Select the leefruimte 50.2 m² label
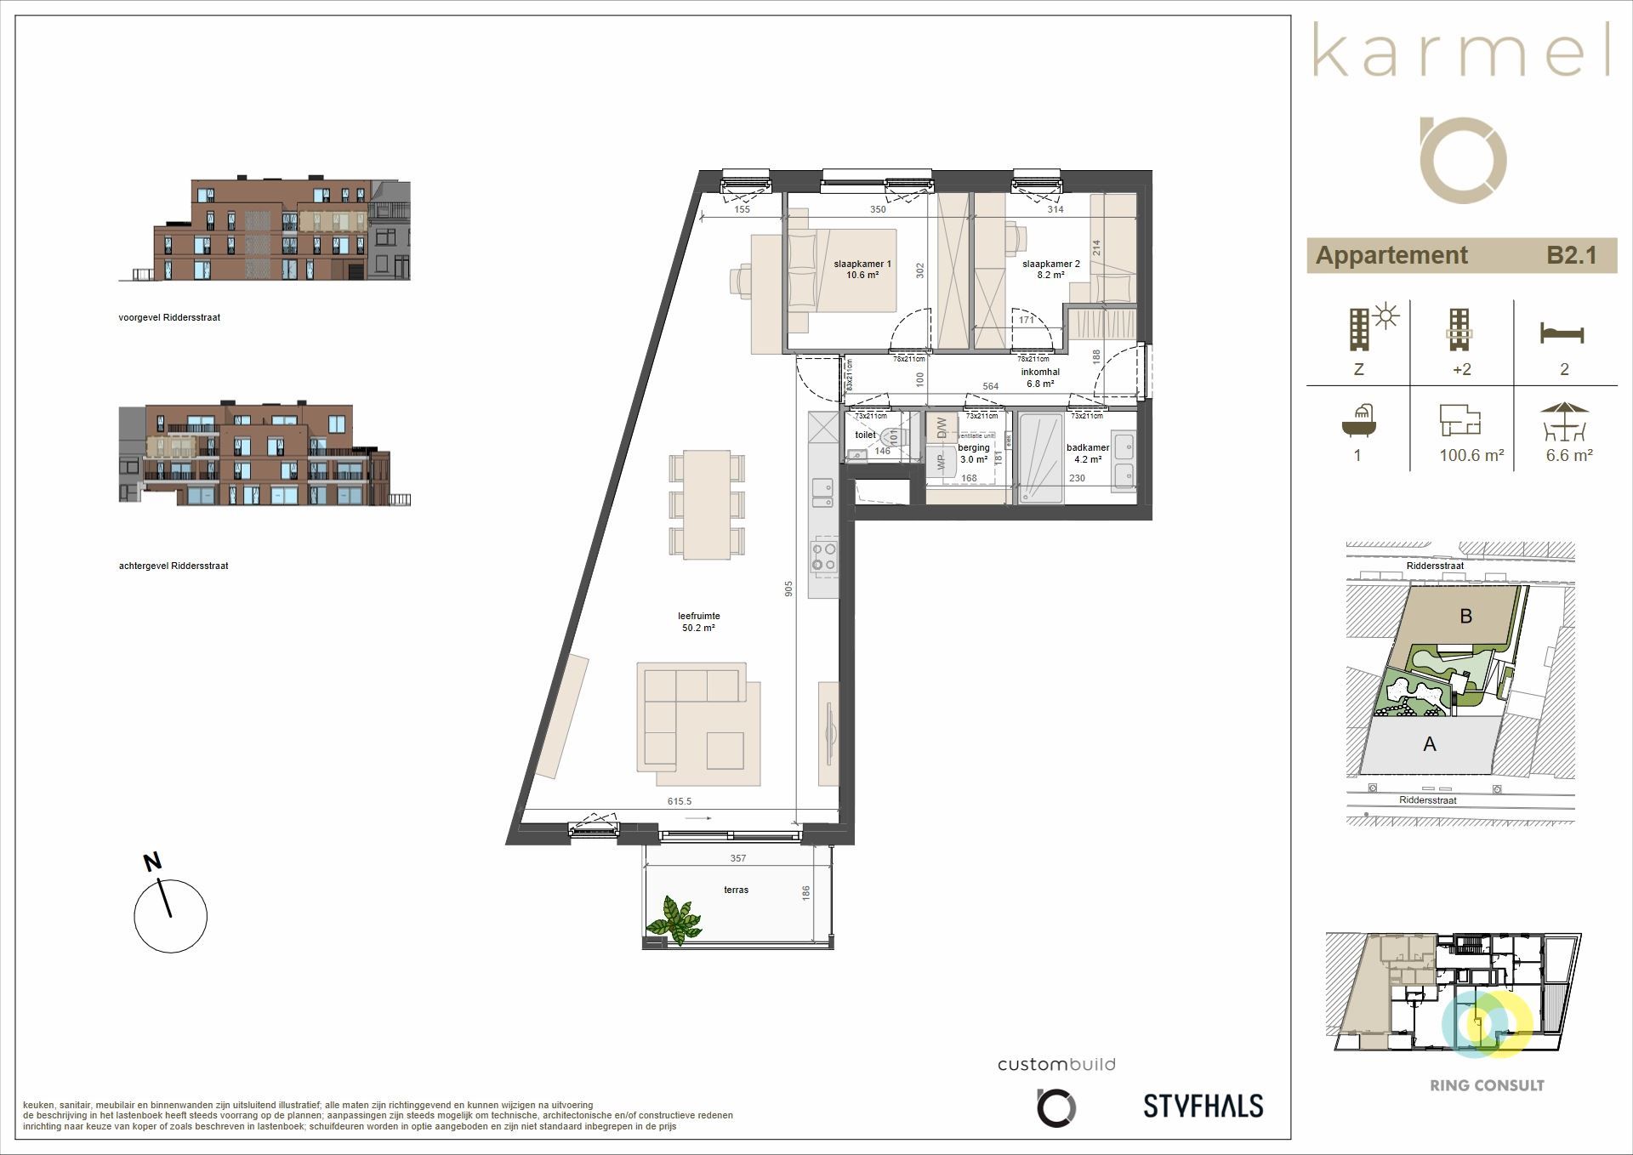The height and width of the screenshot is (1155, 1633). tap(698, 622)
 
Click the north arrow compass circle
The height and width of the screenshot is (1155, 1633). tap(170, 916)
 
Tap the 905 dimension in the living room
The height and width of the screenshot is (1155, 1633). tap(789, 588)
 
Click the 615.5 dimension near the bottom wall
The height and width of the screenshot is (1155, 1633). tap(680, 801)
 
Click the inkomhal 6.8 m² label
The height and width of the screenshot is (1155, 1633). tap(1040, 378)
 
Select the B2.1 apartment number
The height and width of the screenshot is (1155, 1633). tap(1571, 255)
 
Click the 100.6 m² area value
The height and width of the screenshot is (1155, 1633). tap(1471, 456)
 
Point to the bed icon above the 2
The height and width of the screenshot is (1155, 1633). tap(1562, 333)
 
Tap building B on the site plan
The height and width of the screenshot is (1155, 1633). tap(1465, 616)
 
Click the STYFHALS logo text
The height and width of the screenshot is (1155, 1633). tap(1203, 1107)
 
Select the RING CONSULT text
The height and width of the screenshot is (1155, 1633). tap(1487, 1086)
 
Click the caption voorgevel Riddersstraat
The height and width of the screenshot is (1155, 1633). tap(169, 317)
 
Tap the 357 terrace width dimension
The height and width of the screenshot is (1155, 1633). tap(737, 858)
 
